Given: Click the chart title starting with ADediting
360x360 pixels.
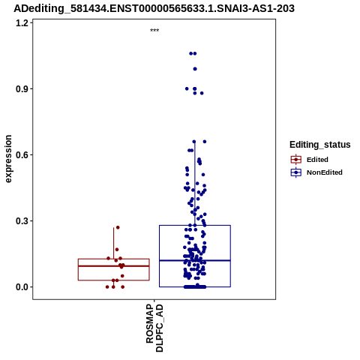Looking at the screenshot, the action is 154,8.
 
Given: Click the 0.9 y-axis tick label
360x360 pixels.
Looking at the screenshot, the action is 22,89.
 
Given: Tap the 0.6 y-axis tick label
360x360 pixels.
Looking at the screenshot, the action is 22,155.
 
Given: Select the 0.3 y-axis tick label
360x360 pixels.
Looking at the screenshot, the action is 22,221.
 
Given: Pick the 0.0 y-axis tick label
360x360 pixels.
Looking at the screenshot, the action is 22,287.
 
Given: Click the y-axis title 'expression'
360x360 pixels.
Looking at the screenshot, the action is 8,159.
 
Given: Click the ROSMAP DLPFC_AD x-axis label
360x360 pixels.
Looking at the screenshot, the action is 154,328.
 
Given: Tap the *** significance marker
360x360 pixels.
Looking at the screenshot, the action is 154,31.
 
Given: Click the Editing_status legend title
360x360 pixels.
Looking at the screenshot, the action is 320,145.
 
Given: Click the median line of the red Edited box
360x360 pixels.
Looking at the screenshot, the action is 114,266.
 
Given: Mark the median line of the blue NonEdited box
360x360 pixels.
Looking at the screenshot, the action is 195,260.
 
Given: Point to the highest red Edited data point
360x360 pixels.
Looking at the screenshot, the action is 118,227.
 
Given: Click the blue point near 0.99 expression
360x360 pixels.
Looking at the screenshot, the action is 195,69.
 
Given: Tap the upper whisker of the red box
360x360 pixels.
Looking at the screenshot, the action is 114,243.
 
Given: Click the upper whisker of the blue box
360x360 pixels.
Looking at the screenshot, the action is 195,184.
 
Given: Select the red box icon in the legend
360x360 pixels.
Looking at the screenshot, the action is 296,160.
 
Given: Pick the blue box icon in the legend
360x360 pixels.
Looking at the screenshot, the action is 296,172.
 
